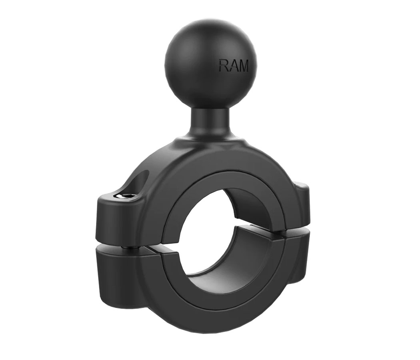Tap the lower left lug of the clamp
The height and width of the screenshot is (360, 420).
pyautogui.click(x=116, y=272)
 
